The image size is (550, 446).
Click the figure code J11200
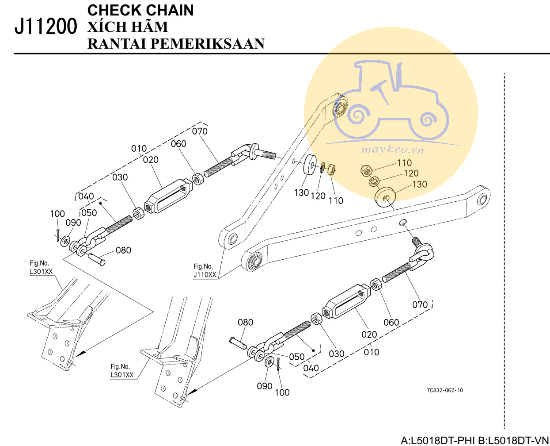tap(46, 27)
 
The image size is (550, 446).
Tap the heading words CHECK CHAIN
tap(140, 10)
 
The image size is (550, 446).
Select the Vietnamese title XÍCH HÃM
tap(128, 27)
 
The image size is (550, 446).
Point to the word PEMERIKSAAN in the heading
tap(208, 44)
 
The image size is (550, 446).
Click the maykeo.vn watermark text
tap(392, 150)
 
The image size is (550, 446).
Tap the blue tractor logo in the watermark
tap(391, 100)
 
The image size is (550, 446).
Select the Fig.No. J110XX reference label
tap(205, 271)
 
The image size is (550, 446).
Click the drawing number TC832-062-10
tap(445, 390)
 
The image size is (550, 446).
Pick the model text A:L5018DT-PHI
tap(438, 440)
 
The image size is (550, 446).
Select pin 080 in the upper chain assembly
tap(97, 259)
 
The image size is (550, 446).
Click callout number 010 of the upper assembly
tap(139, 149)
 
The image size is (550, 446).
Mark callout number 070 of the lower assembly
tap(420, 305)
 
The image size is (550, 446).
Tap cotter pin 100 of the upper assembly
tap(58, 235)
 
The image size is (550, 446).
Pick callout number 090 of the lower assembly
tap(264, 386)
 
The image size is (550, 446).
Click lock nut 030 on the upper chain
tap(138, 214)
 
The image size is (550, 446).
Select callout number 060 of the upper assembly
tap(178, 144)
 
